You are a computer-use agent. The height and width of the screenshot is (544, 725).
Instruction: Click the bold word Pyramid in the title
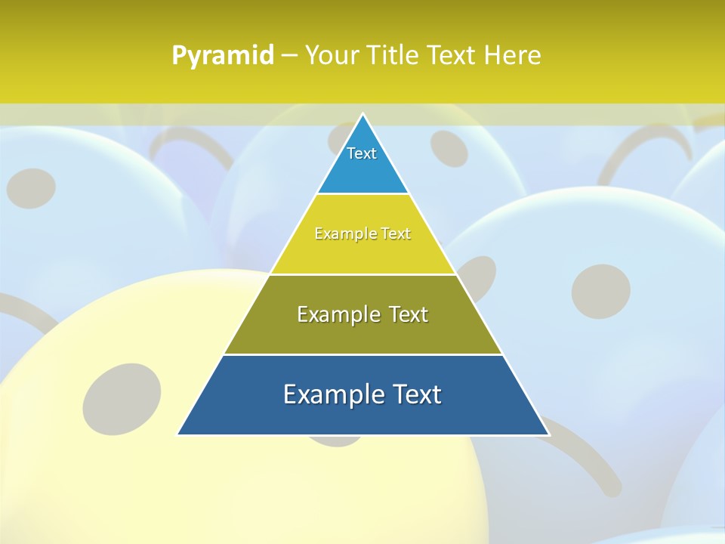222,56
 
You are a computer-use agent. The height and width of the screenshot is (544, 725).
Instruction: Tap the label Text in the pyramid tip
362,153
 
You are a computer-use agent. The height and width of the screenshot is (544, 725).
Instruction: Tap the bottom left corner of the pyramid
179,434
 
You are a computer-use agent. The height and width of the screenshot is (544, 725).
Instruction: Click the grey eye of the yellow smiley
122,398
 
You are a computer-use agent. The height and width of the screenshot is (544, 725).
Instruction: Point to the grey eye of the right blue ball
600,290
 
